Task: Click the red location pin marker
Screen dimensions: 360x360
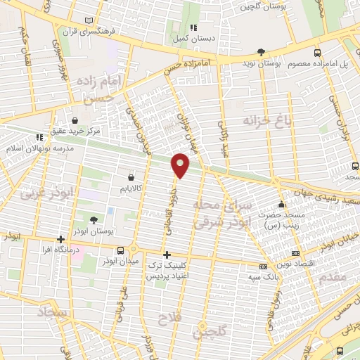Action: [x=181, y=165]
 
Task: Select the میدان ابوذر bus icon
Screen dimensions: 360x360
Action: [x=121, y=250]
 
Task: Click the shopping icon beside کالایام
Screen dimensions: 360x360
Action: [x=131, y=179]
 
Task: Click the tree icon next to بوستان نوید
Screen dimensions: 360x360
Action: [x=262, y=52]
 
